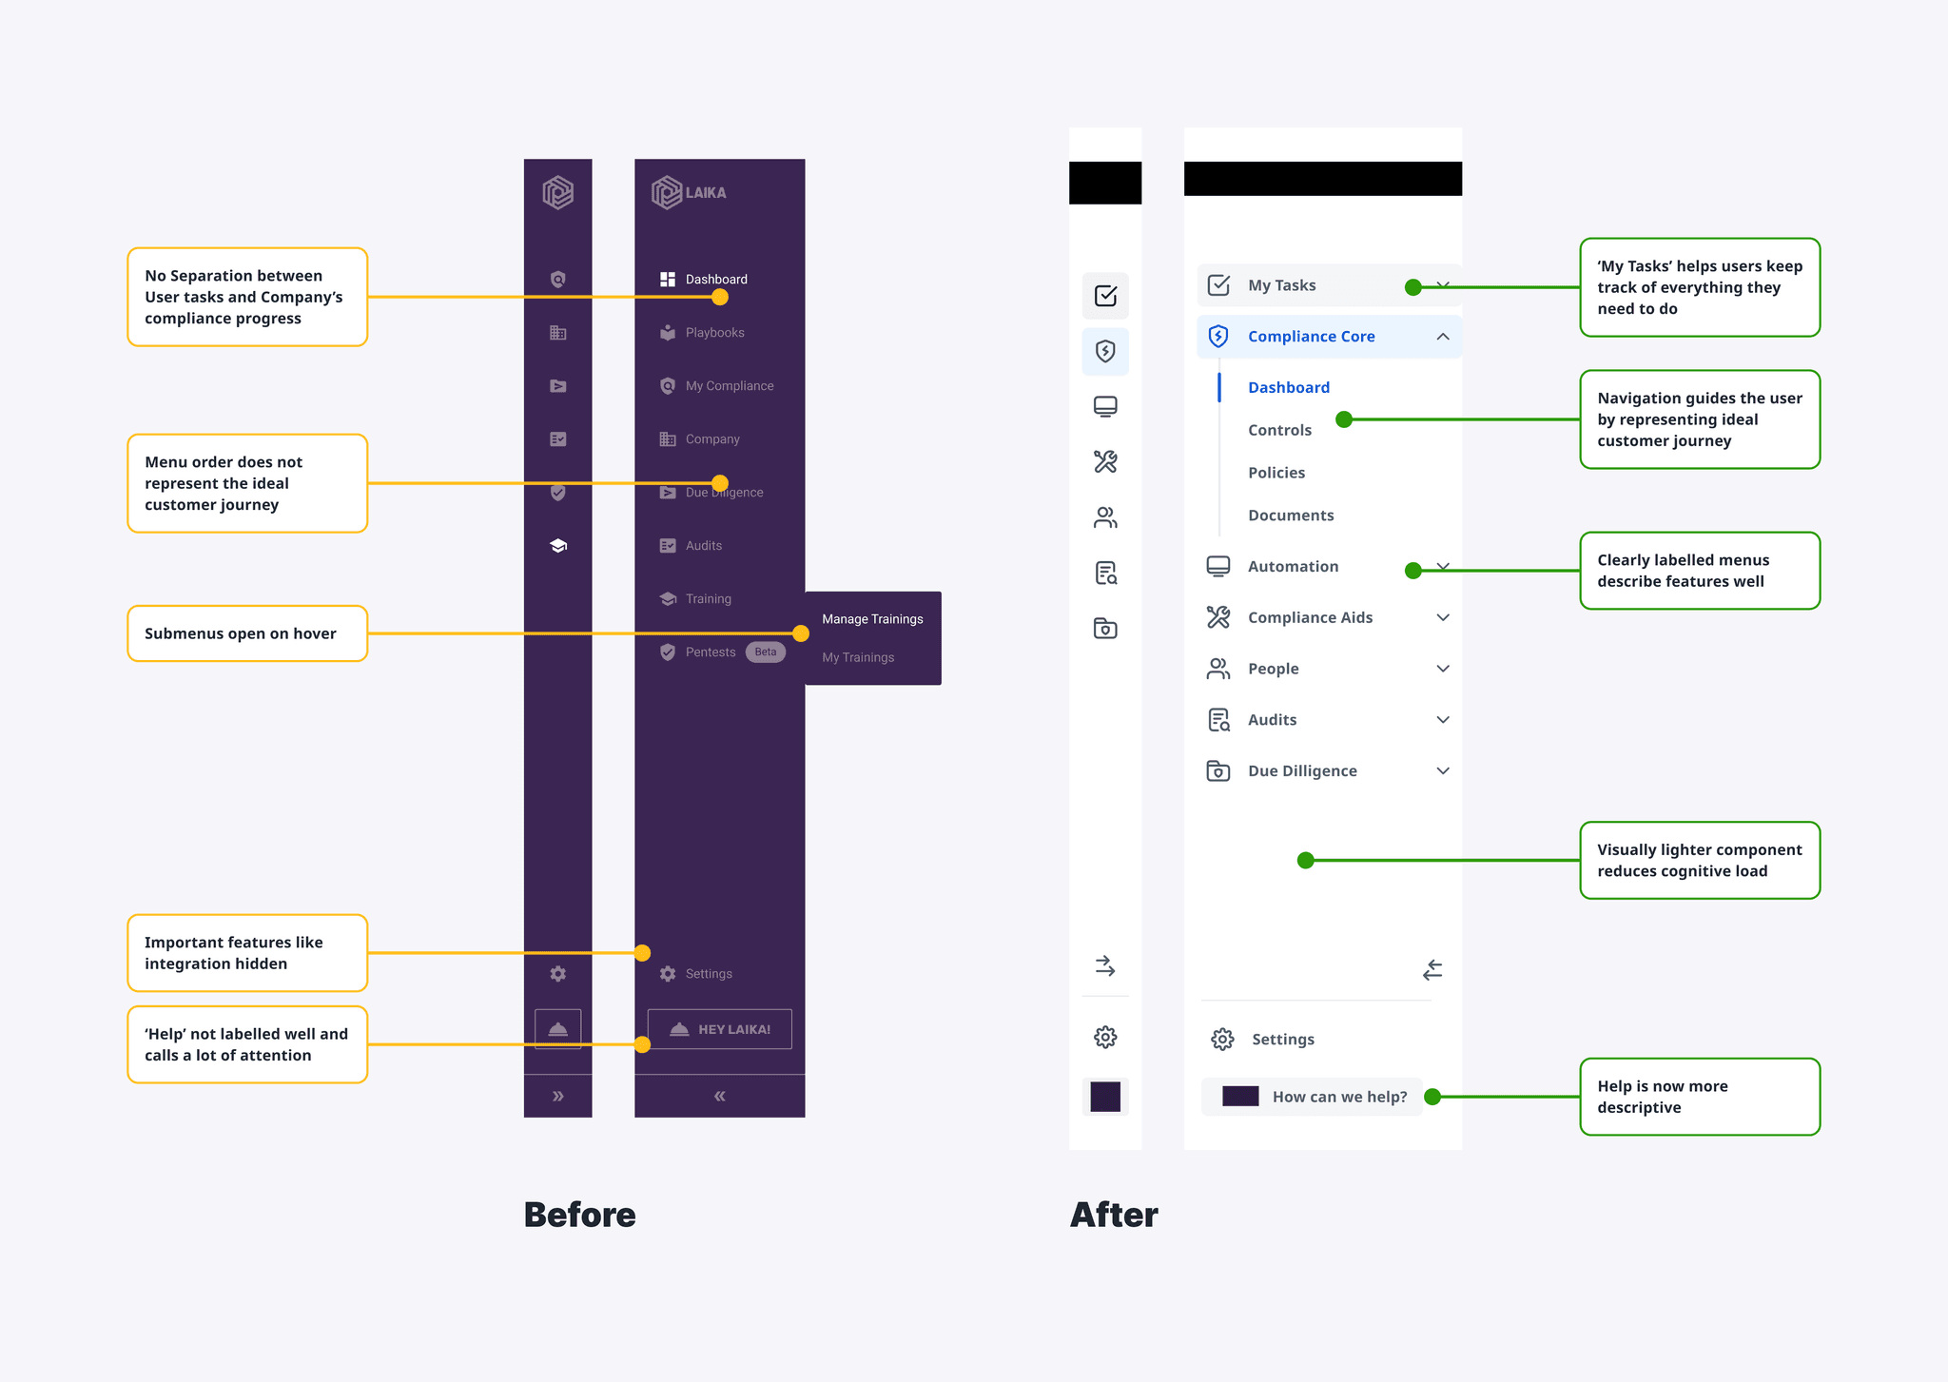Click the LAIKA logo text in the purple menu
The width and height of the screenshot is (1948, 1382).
pos(705,193)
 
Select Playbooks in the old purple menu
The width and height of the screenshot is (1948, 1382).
pos(714,333)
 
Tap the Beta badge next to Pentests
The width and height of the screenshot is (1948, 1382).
pos(765,652)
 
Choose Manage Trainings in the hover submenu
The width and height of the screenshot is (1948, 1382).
pos(872,619)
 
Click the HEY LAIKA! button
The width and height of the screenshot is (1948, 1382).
pos(719,1029)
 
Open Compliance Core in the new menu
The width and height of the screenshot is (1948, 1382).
pos(1311,337)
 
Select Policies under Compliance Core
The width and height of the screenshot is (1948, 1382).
pos(1276,473)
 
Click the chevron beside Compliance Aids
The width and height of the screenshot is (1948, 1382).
pos(1443,618)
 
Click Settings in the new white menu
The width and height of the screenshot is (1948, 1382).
pos(1282,1040)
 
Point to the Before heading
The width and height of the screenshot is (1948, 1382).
pos(579,1215)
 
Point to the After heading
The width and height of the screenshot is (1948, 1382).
pos(1114,1215)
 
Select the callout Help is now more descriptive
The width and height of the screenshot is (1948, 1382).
pos(1699,1097)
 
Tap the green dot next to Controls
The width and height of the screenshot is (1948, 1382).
pos(1344,419)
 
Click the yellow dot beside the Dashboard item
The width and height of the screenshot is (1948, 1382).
pos(720,298)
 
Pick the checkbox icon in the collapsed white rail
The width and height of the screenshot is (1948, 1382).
pos(1105,296)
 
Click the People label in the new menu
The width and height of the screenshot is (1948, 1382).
pos(1273,669)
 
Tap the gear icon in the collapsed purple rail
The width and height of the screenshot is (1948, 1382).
pos(558,974)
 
